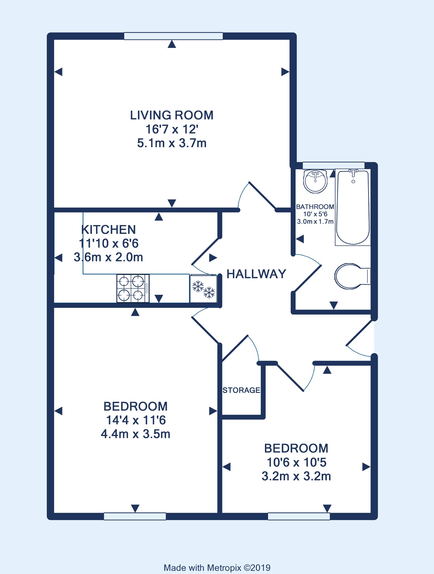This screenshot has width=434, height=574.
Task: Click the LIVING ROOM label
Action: coord(172,115)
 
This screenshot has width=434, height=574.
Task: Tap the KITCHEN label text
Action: coord(108,230)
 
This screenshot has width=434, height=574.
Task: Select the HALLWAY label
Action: coord(256,274)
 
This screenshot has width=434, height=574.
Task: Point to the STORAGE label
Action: coord(241,390)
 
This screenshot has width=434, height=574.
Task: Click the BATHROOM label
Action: coord(315,207)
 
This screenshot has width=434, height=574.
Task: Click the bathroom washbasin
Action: coord(315,181)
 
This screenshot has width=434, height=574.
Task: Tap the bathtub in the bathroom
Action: coord(353,207)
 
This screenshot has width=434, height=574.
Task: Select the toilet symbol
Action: coord(352,276)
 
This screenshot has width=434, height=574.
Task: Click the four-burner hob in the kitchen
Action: coord(133,288)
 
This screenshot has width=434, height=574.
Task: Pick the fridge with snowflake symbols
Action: coord(204,289)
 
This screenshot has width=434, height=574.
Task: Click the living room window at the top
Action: coord(173,36)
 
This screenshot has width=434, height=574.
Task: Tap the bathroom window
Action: coord(334,165)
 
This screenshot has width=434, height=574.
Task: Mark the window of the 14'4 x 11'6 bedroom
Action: coord(135,516)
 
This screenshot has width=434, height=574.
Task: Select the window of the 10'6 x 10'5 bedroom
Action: coord(299,516)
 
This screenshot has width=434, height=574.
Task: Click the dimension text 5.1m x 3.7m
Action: coord(172,143)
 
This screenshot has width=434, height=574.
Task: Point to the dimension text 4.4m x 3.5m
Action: coord(136,434)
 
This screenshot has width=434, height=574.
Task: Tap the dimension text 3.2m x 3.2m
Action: coord(296,476)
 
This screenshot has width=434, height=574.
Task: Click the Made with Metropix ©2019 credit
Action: coord(217,568)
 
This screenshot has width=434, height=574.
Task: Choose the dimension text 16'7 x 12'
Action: coord(172,129)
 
